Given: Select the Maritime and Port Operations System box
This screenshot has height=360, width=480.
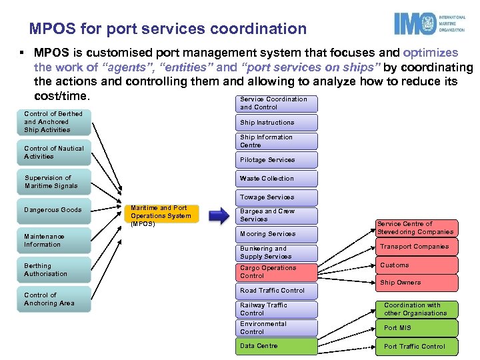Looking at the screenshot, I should point(162,215).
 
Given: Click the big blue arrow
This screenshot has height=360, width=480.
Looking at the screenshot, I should point(219,215).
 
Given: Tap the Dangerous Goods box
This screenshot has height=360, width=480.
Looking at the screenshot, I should point(54,210).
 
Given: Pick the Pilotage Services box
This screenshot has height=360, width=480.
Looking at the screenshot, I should point(276,160).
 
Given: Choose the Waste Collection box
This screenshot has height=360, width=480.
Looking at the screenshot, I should point(276,179).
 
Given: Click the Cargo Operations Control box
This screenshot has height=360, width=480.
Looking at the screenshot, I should point(276,272).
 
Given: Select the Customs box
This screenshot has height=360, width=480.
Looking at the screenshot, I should point(417,265).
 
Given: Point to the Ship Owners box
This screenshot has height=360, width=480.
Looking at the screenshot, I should point(417,283).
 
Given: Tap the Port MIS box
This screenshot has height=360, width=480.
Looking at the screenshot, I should point(417,327).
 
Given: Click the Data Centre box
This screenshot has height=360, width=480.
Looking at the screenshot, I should point(276,346).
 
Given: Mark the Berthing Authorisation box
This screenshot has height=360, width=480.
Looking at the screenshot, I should point(54,270).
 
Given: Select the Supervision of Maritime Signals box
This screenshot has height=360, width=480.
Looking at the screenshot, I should point(54,182).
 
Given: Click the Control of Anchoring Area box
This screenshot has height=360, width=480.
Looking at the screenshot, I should point(54,299).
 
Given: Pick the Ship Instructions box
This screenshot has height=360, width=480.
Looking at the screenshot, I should point(276,123).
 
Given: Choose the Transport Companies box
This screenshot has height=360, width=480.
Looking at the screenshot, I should point(417,247).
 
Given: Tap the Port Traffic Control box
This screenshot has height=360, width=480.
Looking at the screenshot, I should point(417,346).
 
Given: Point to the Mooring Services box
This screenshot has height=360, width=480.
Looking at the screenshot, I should point(276,234).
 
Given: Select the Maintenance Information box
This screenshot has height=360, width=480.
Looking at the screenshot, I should point(54,241).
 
